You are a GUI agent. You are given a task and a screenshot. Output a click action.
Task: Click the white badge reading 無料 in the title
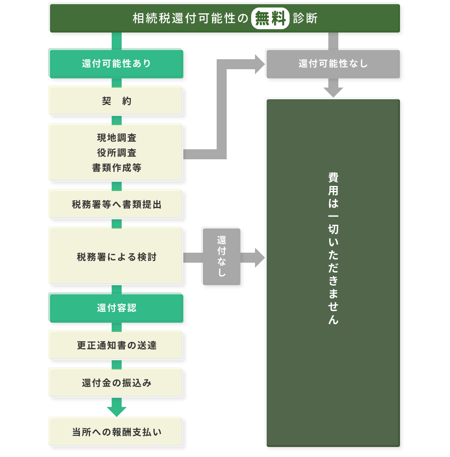pyautogui.click(x=270, y=19)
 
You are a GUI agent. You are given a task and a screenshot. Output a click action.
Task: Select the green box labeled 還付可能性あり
pyautogui.click(x=116, y=63)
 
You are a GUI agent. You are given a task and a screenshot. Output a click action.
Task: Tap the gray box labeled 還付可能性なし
pyautogui.click(x=332, y=63)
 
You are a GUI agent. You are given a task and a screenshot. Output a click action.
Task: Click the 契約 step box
pyautogui.click(x=116, y=101)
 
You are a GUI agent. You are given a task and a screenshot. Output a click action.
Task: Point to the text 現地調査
pyautogui.click(x=117, y=138)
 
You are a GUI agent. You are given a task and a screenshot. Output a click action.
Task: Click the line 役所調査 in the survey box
pyautogui.click(x=117, y=153)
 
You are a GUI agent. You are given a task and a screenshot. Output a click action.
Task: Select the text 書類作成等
pyautogui.click(x=117, y=168)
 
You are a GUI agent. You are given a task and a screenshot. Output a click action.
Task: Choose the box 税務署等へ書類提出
pyautogui.click(x=116, y=205)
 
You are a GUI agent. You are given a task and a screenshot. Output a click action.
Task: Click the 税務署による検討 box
pyautogui.click(x=116, y=257)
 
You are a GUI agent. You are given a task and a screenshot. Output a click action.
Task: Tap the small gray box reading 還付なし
pyautogui.click(x=221, y=256)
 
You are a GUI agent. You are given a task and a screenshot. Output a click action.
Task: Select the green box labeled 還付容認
pyautogui.click(x=116, y=308)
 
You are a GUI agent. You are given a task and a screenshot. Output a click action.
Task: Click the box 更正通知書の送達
pyautogui.click(x=116, y=345)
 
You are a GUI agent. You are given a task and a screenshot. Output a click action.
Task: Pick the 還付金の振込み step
pyautogui.click(x=116, y=382)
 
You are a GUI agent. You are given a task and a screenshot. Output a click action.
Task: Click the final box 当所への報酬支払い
pyautogui.click(x=116, y=432)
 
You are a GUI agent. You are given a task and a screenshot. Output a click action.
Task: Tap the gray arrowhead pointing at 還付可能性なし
pyautogui.click(x=260, y=64)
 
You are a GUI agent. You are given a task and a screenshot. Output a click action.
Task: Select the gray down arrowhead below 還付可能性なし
pyautogui.click(x=333, y=92)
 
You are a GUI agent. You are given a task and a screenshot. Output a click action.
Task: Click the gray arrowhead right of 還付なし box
pyautogui.click(x=260, y=257)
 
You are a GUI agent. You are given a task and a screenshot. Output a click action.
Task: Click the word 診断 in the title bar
pyautogui.click(x=305, y=19)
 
